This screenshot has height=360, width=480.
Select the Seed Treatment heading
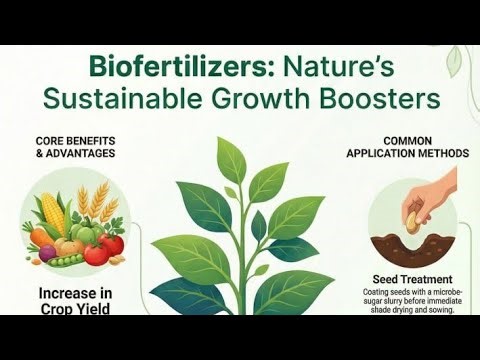pos(414,279)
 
